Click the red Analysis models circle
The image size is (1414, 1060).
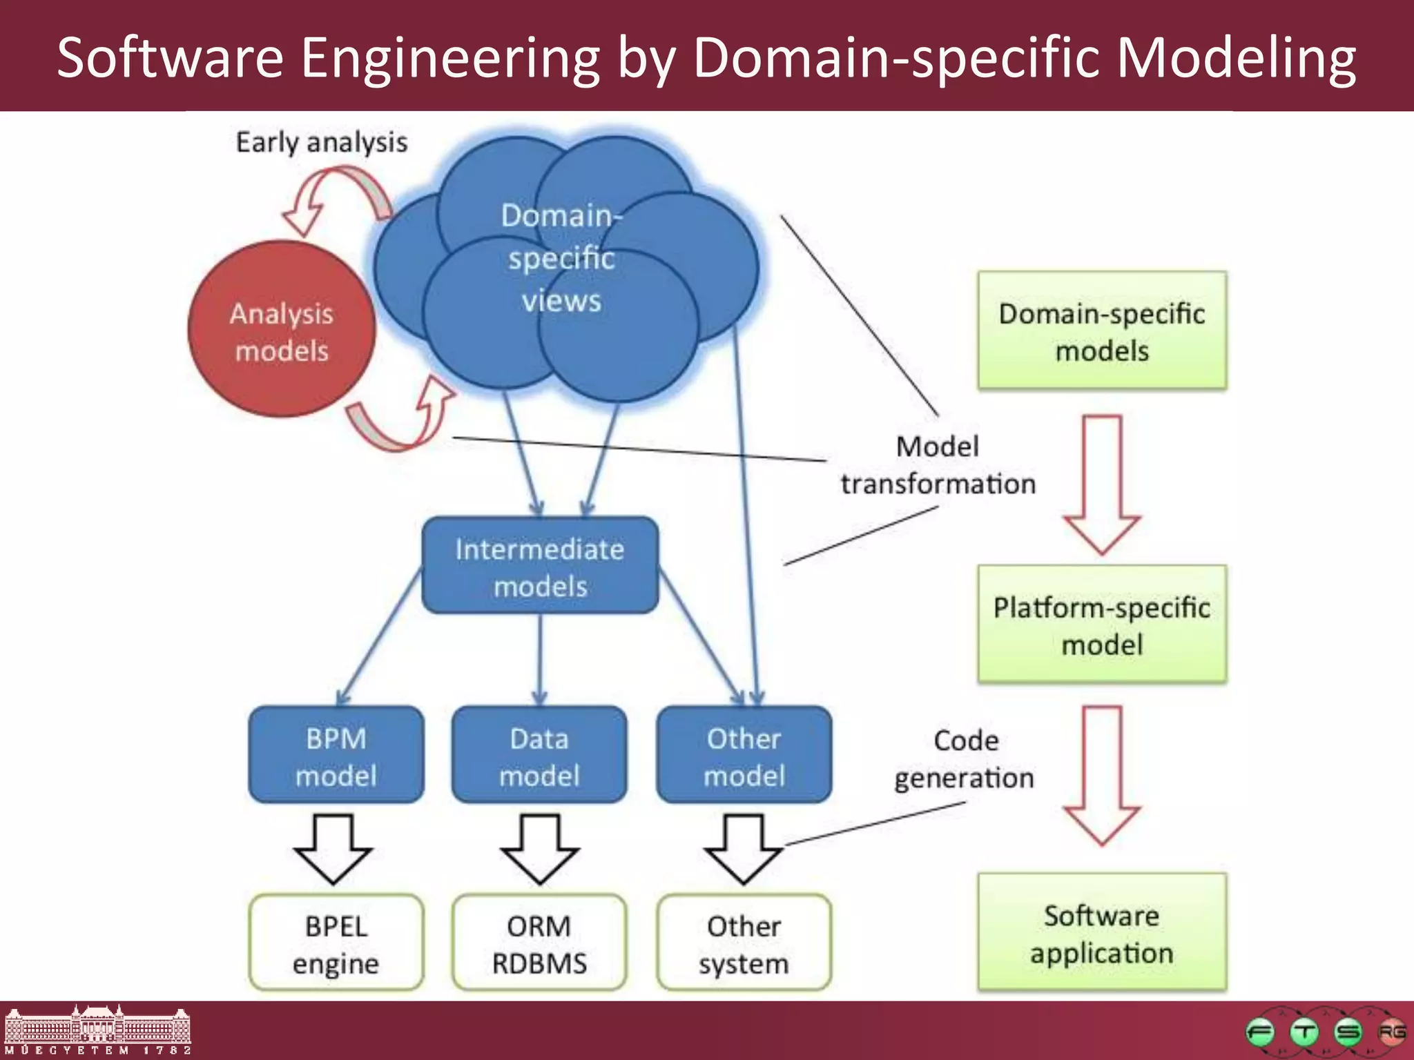[x=282, y=329]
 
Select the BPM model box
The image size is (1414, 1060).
[x=336, y=755]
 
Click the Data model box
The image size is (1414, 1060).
[x=539, y=755]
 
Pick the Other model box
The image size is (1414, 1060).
[x=744, y=755]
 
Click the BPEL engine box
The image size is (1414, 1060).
[x=336, y=943]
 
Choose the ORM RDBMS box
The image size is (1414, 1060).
[x=539, y=943]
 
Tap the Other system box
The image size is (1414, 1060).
[x=744, y=943]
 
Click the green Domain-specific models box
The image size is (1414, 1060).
[x=1102, y=331]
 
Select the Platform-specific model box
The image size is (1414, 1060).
[x=1102, y=625]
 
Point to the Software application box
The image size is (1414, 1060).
[x=1102, y=933]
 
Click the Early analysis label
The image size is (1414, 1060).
[x=322, y=142]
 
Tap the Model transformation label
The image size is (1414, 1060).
[x=938, y=465]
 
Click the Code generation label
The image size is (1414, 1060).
[x=965, y=759]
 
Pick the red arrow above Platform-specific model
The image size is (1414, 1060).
[x=1101, y=486]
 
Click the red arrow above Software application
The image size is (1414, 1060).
[x=1101, y=776]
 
